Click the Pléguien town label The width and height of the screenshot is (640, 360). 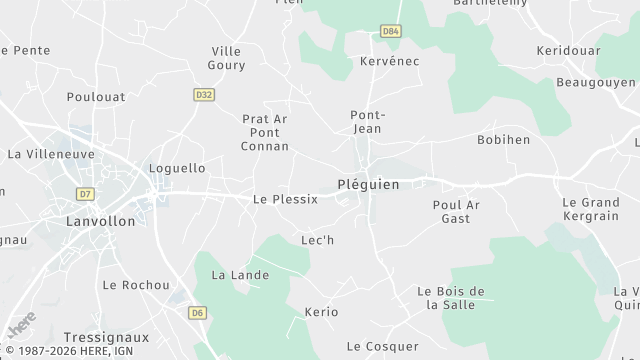pyautogui.click(x=368, y=185)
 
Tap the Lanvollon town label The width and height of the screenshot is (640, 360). pyautogui.click(x=99, y=221)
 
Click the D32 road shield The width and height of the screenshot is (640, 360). pyautogui.click(x=204, y=94)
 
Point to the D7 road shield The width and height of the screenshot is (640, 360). pyautogui.click(x=84, y=193)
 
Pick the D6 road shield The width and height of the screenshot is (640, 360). pyautogui.click(x=198, y=313)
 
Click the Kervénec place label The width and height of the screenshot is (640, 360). pyautogui.click(x=389, y=61)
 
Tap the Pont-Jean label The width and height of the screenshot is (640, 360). pyautogui.click(x=367, y=121)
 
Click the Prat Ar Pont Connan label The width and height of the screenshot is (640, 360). pyautogui.click(x=265, y=132)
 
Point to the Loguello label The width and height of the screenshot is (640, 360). pyautogui.click(x=177, y=168)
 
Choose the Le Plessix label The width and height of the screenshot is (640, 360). pyautogui.click(x=285, y=199)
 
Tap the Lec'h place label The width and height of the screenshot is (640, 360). pyautogui.click(x=317, y=240)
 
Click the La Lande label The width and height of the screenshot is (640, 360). pyautogui.click(x=232, y=274)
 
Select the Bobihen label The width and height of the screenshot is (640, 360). pyautogui.click(x=503, y=139)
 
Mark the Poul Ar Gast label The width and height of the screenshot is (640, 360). pyautogui.click(x=456, y=211)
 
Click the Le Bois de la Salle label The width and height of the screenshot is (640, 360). pyautogui.click(x=450, y=297)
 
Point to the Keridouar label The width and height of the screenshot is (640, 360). pyautogui.click(x=566, y=50)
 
